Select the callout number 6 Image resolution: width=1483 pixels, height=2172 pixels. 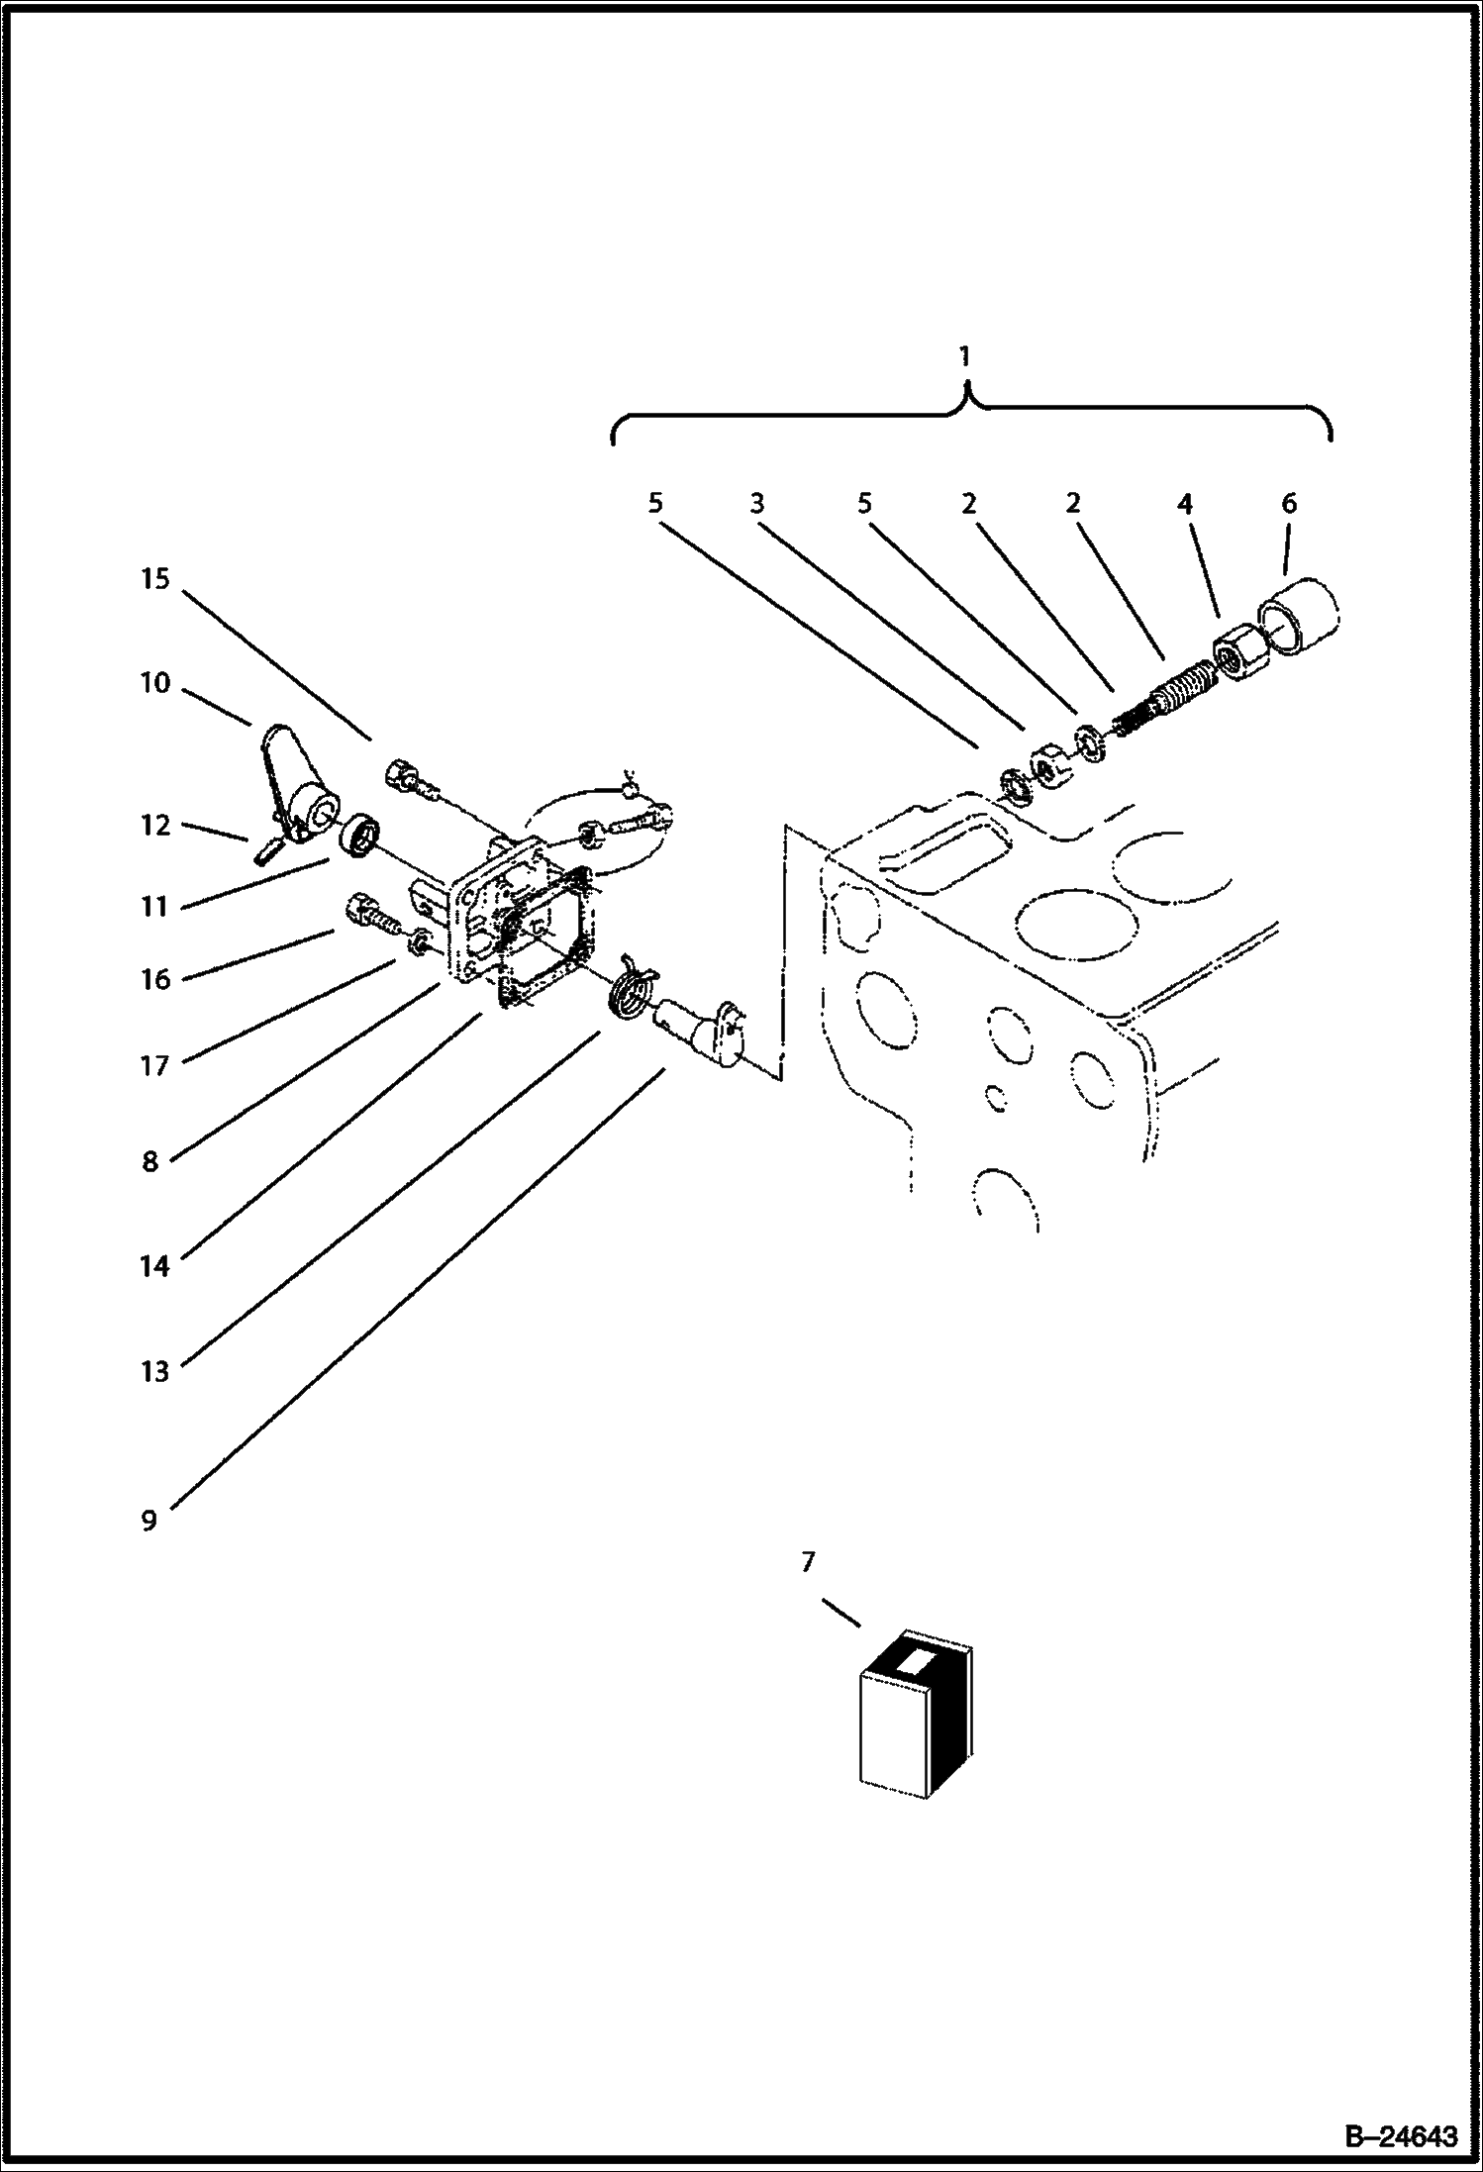click(x=1289, y=503)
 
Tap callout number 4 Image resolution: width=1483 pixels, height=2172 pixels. click(x=1184, y=503)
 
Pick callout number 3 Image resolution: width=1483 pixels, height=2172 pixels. click(x=757, y=503)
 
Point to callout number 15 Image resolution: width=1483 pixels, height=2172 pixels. click(x=155, y=578)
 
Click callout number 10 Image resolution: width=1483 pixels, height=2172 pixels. click(x=155, y=682)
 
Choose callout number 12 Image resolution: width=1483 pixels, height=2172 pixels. click(x=155, y=825)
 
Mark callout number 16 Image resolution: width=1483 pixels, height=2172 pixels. click(x=155, y=979)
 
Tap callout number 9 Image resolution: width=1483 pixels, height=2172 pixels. click(x=149, y=1520)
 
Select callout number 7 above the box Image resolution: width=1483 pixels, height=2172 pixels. click(x=808, y=1561)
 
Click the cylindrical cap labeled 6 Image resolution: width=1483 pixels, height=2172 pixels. click(x=1296, y=617)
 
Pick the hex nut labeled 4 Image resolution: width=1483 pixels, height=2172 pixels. click(x=1236, y=655)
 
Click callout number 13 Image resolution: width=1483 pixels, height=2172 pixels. click(x=155, y=1371)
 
